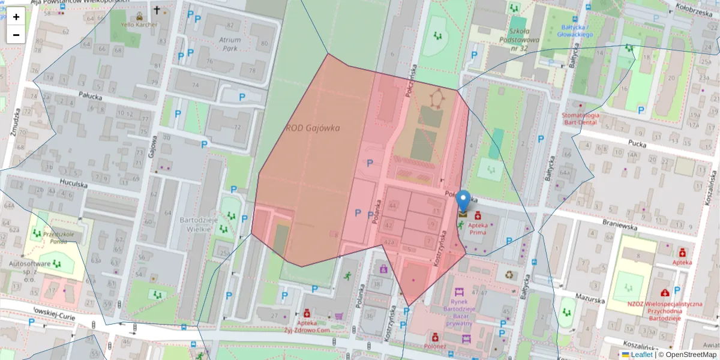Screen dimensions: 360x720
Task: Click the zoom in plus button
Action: [x=16, y=17]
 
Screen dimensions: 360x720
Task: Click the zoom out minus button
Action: [x=16, y=35]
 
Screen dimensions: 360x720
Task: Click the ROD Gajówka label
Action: [x=313, y=128]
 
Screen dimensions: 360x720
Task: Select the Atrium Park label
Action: [x=230, y=44]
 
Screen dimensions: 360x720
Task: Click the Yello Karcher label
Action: [x=139, y=25]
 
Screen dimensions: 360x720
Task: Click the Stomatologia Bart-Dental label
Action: [x=581, y=118]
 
